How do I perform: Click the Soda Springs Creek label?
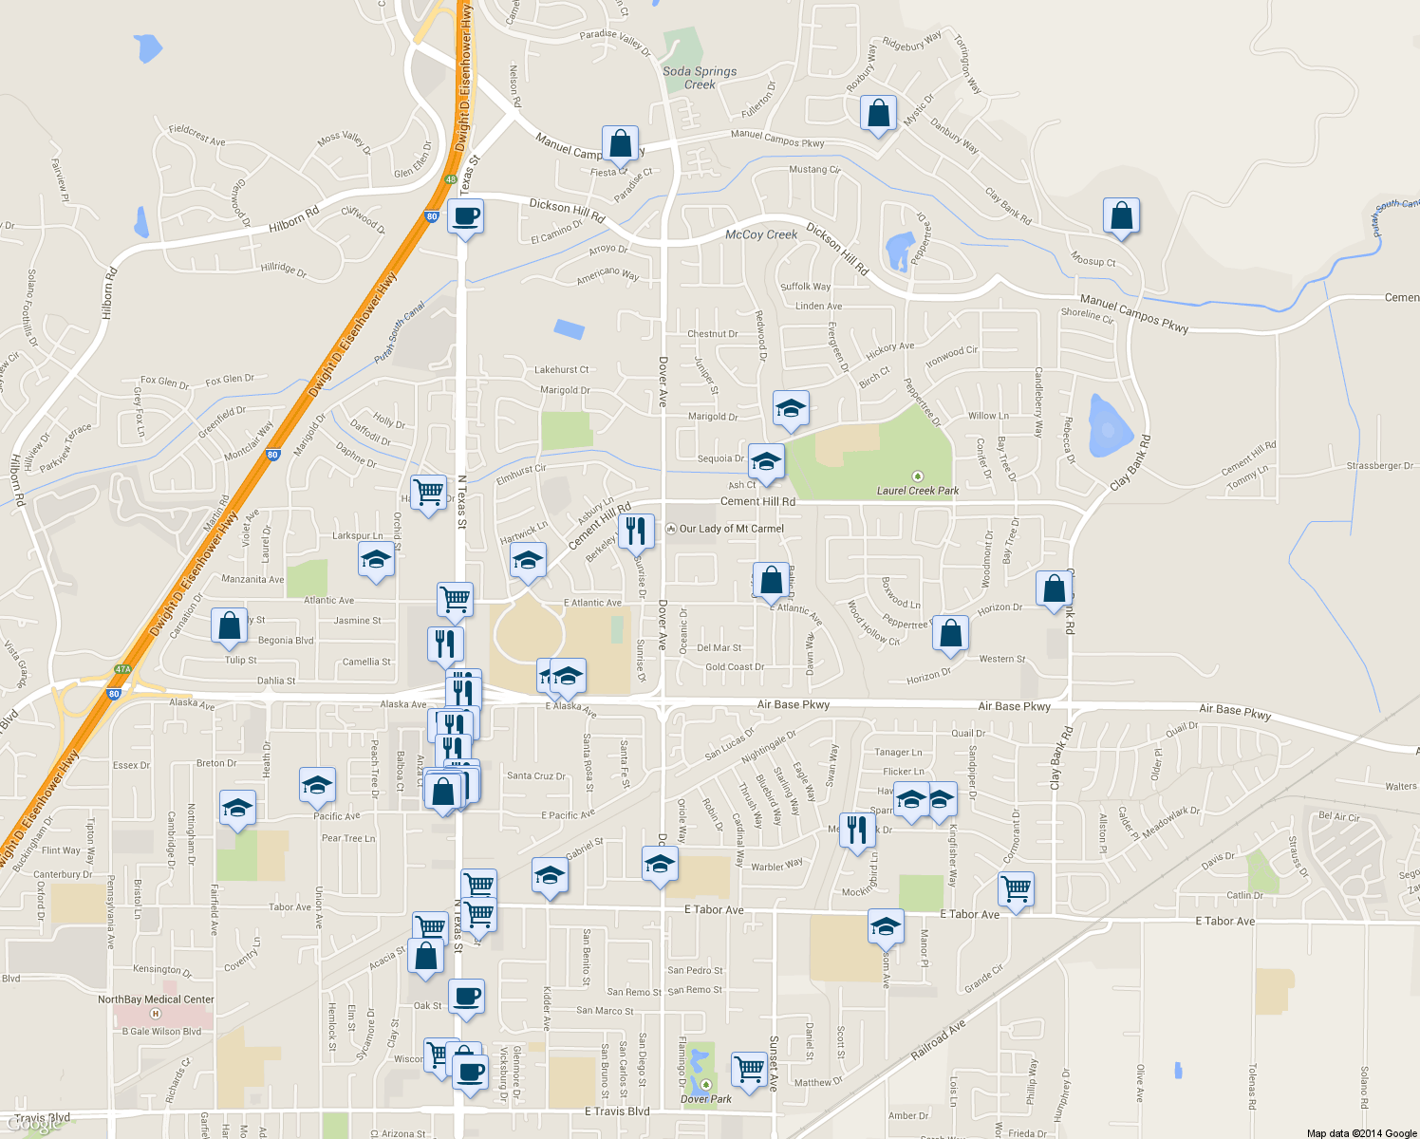point(700,78)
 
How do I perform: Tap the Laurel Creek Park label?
point(918,491)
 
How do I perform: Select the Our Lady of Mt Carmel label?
point(731,529)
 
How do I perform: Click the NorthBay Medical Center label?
point(156,999)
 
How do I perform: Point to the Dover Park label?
point(706,1099)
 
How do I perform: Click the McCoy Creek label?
point(761,234)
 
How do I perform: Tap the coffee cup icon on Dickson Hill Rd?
point(465,216)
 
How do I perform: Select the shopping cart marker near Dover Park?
point(750,1069)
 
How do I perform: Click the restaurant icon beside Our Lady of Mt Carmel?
point(636,532)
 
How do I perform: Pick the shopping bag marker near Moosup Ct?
point(1121,215)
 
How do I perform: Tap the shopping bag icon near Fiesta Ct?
point(620,144)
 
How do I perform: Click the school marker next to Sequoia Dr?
point(766,462)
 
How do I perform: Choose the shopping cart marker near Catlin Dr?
point(1016,889)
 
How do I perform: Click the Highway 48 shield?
point(451,179)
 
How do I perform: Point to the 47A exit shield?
point(122,669)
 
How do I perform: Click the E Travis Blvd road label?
point(617,1111)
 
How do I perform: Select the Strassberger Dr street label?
point(1379,466)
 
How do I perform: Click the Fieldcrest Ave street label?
point(196,135)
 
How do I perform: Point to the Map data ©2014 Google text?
point(1361,1133)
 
